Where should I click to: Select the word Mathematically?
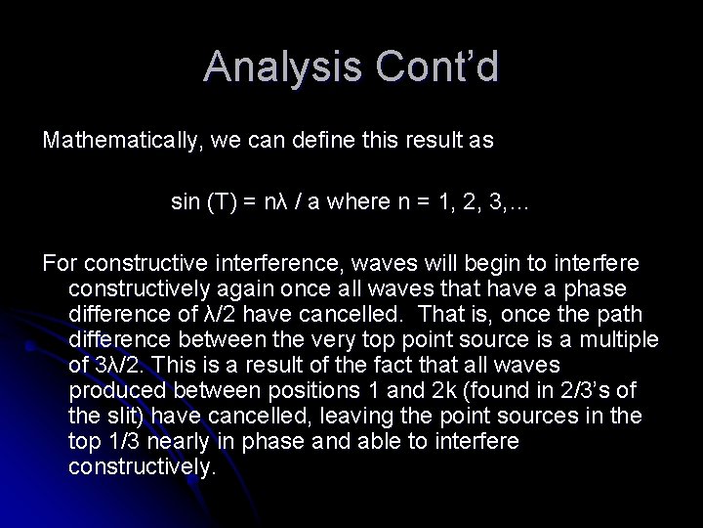tap(115, 140)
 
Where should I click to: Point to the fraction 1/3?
tap(119, 442)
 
